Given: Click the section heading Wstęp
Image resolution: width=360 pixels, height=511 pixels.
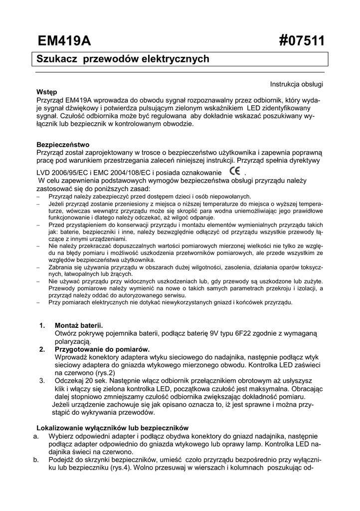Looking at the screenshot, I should pos(46,92).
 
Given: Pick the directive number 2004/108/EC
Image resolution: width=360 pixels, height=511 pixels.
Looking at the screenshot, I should pos(138,173).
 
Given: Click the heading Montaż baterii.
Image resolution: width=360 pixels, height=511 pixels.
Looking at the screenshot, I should pos(79,325).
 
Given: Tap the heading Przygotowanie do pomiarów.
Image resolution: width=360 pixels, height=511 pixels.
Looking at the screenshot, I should pos(102,349).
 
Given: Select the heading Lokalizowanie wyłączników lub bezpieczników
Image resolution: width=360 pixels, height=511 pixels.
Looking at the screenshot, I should pos(113,428).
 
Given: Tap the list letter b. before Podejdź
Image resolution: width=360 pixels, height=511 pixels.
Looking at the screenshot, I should pos(36,460).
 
